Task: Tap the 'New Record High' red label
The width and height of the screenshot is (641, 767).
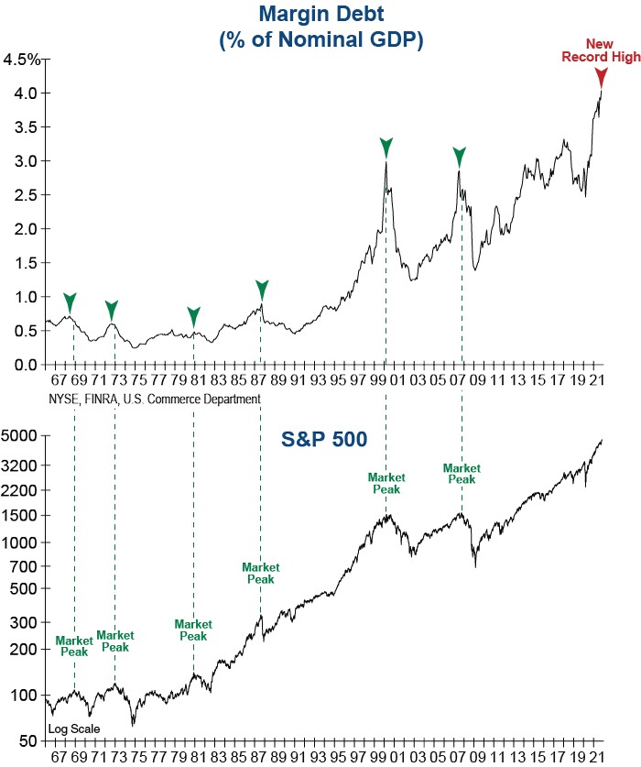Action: click(601, 50)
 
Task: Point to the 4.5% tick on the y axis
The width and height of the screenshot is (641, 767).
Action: click(22, 60)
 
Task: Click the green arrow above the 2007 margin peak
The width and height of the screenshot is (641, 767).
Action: click(461, 156)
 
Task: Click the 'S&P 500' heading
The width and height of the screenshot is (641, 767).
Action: click(323, 440)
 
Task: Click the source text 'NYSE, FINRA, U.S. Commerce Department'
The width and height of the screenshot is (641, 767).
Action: click(153, 399)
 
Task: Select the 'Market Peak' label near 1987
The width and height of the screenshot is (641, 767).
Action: click(260, 573)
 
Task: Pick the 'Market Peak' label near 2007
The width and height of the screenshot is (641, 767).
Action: click(462, 474)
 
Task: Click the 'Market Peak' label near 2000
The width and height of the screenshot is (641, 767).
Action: click(386, 483)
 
